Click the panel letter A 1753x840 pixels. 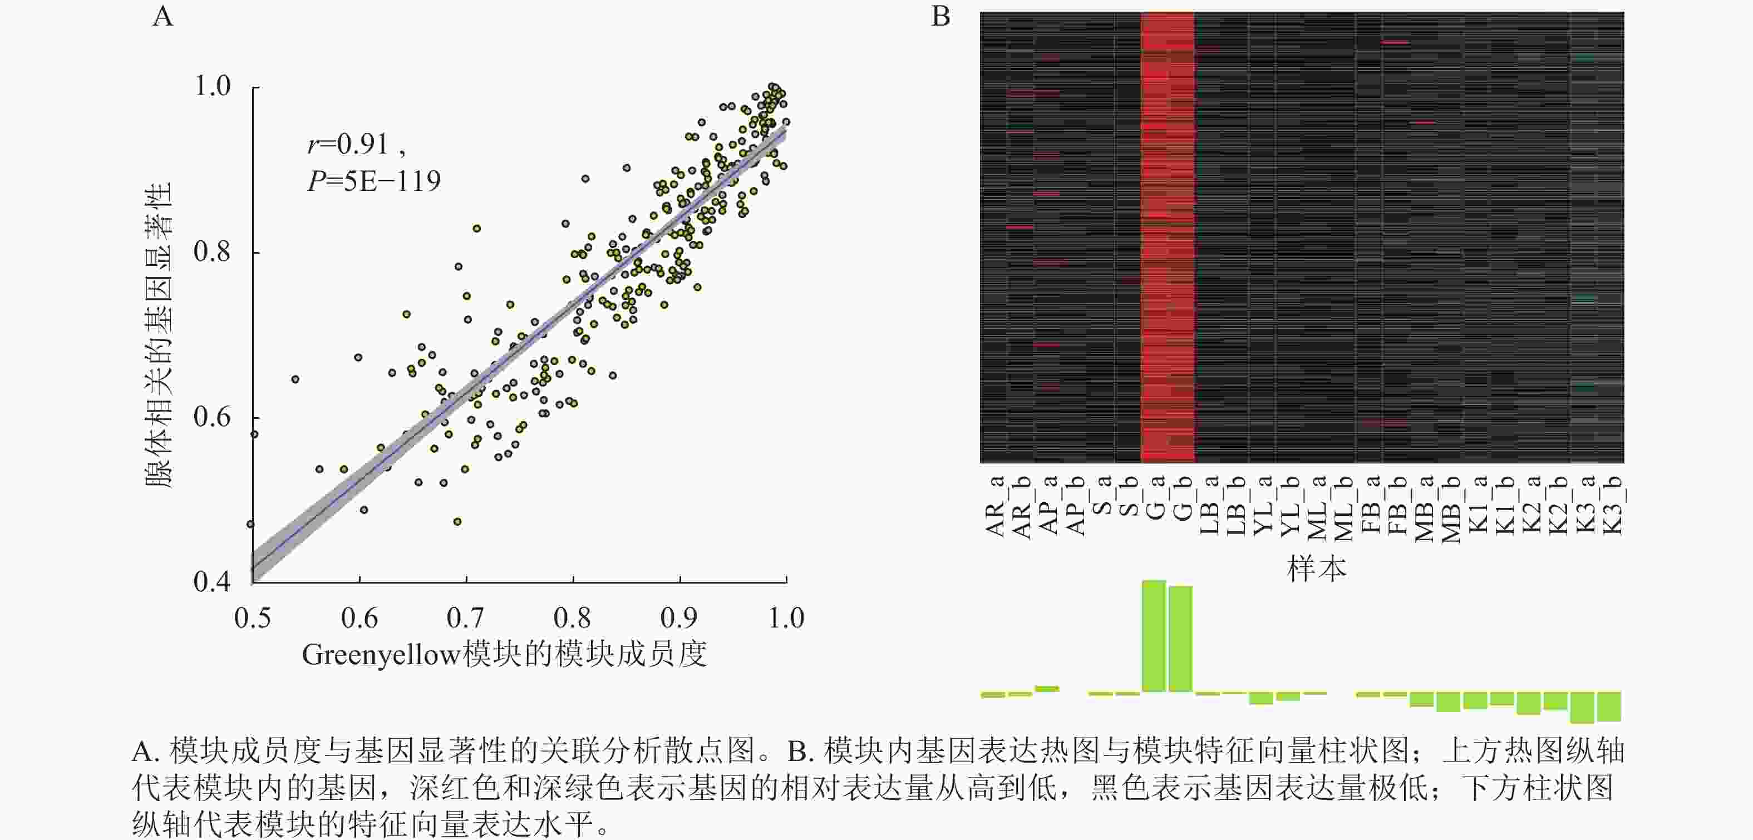click(x=163, y=16)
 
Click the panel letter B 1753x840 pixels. click(x=940, y=16)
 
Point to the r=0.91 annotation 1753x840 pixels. click(x=348, y=144)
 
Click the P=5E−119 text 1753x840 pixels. click(x=373, y=181)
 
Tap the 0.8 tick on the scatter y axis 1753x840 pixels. click(x=213, y=251)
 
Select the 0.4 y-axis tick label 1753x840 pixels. click(x=213, y=581)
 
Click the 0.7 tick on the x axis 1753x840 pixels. click(x=465, y=617)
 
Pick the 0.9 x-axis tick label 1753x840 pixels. click(x=679, y=617)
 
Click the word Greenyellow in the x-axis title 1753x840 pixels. click(x=381, y=655)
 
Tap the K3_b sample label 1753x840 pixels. click(x=1613, y=506)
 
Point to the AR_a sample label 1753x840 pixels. click(x=995, y=507)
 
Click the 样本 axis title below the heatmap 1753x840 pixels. click(x=1316, y=569)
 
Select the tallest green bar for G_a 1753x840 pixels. click(x=1154, y=636)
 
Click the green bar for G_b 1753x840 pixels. click(x=1181, y=639)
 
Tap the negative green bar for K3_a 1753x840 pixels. click(x=1582, y=708)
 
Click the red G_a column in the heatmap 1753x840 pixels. click(x=1155, y=238)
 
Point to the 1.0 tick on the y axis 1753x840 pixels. click(x=213, y=86)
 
